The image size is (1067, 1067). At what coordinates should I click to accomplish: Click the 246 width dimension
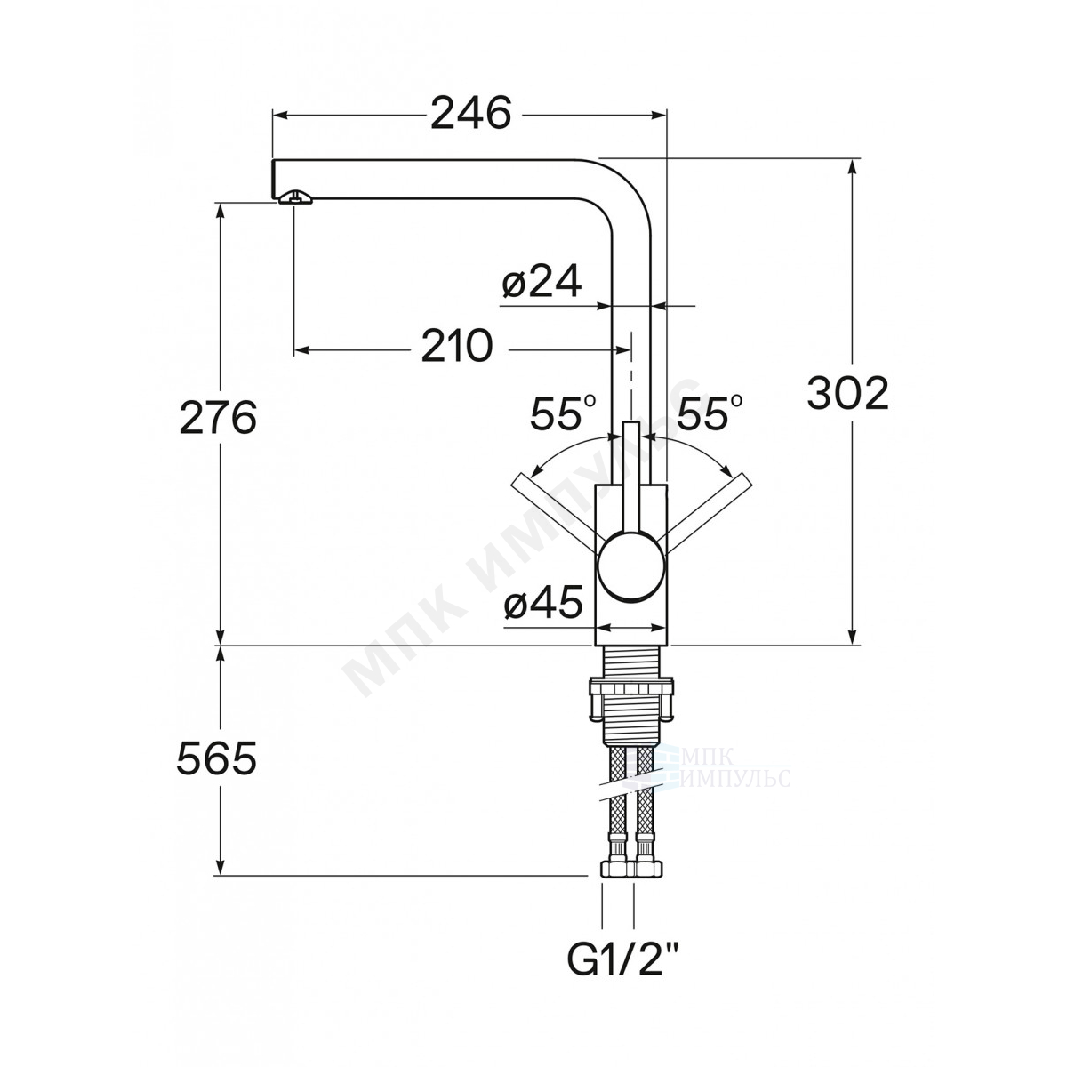click(470, 114)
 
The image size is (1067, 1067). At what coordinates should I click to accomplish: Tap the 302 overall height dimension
click(847, 394)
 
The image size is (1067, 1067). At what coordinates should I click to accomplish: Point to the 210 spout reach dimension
click(457, 346)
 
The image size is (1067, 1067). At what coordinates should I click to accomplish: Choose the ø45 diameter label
click(543, 602)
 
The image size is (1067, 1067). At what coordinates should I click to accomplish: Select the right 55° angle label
click(710, 413)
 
